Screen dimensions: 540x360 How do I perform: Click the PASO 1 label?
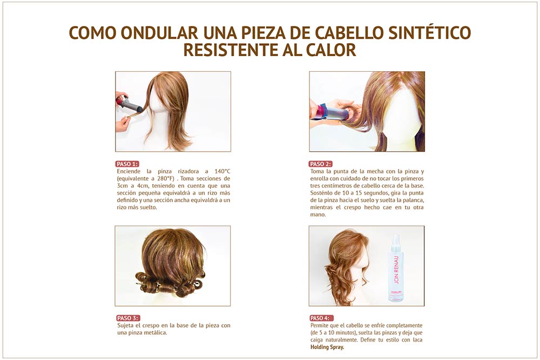pyautogui.click(x=127, y=164)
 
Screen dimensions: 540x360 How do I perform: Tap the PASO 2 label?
pyautogui.click(x=321, y=164)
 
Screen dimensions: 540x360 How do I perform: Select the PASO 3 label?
pyautogui.click(x=128, y=318)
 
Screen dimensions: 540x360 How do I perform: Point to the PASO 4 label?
pyautogui.click(x=321, y=318)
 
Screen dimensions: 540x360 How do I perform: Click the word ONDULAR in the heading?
pyautogui.click(x=159, y=33)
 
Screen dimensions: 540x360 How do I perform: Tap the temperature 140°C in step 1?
pyautogui.click(x=222, y=171)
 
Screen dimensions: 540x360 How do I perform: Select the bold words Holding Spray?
pyautogui.click(x=327, y=347)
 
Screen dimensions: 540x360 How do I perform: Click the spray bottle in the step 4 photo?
pyautogui.click(x=396, y=268)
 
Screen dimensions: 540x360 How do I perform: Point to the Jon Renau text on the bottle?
pyautogui.click(x=396, y=270)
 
